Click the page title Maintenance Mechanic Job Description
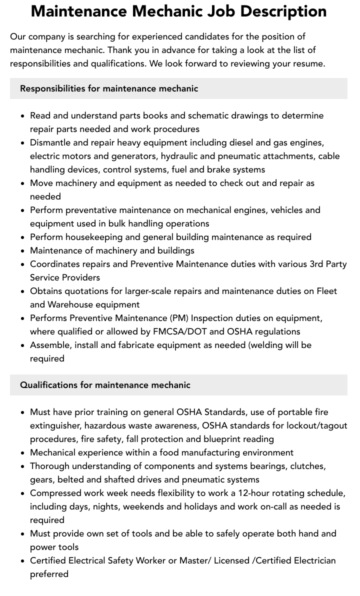[x=178, y=11]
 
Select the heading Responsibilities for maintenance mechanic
[x=109, y=88]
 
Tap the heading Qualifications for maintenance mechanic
[x=105, y=385]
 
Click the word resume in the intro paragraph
[x=309, y=63]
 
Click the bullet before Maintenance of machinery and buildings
[x=23, y=251]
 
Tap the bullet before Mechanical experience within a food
[x=23, y=453]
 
